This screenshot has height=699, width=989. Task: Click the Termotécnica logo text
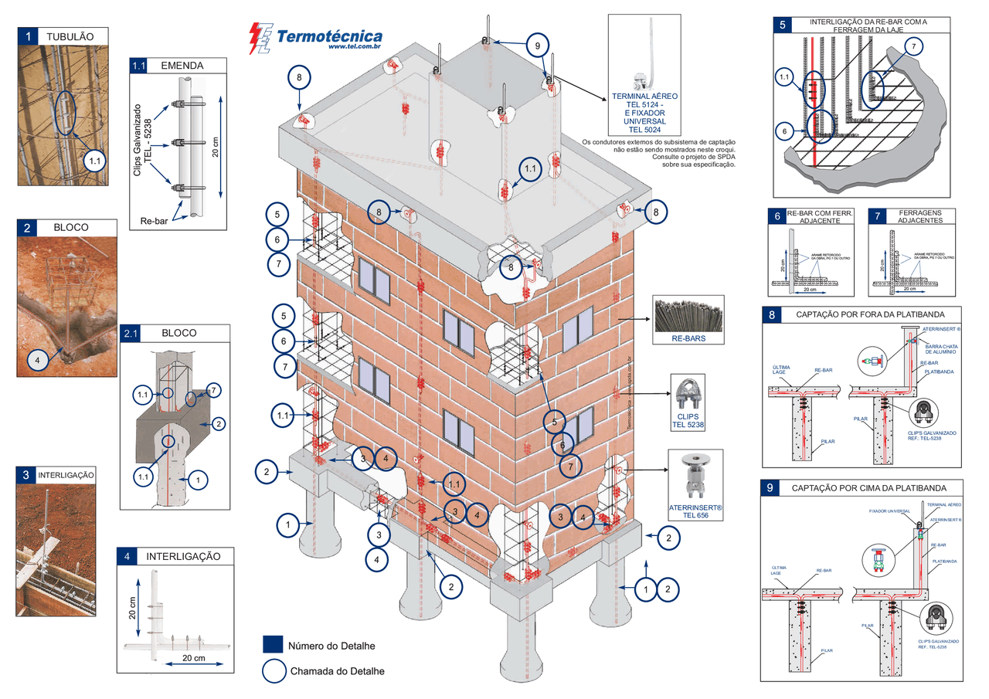coord(328,36)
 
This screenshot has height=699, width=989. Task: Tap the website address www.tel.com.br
coord(354,47)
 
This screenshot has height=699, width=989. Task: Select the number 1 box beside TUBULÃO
coord(28,36)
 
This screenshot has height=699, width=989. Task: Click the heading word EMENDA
coord(182,66)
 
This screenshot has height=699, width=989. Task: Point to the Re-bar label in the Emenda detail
coord(156,221)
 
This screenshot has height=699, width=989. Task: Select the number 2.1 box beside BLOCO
coord(131,333)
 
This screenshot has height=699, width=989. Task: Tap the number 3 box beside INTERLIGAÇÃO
coord(26,474)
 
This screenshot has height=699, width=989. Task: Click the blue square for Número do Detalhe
coord(272,645)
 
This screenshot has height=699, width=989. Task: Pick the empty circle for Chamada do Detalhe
coord(273,671)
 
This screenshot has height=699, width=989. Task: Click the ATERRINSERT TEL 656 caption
coord(695,511)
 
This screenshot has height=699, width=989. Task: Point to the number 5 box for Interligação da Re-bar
coord(783,25)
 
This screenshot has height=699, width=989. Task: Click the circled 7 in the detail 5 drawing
coord(913,47)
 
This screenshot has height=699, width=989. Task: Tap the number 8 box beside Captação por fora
coord(771,314)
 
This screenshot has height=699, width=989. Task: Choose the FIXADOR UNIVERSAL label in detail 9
coord(889,511)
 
